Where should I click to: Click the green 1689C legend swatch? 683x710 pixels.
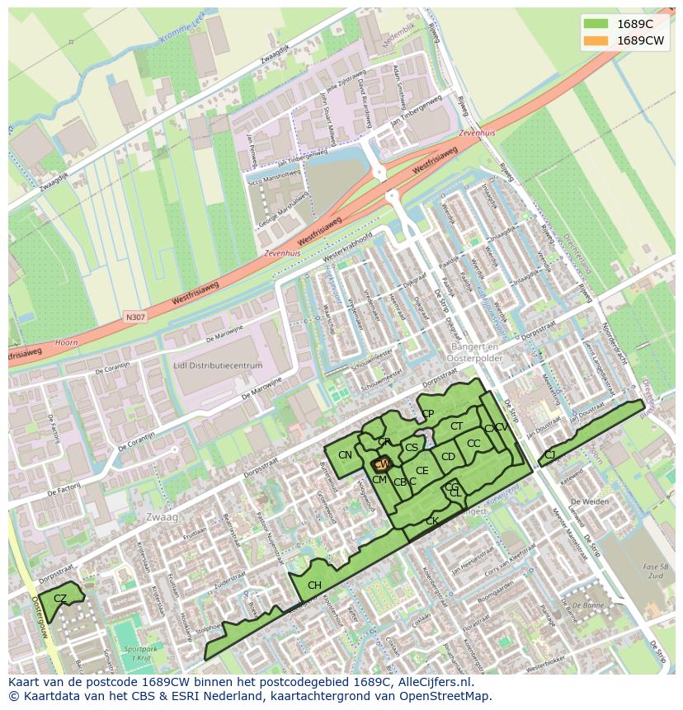point(594,23)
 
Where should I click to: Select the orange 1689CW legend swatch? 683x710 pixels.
point(594,40)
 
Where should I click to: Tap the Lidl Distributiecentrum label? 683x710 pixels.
point(218,365)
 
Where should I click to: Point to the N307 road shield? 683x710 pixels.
point(134,317)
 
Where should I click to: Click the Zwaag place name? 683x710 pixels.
point(162,516)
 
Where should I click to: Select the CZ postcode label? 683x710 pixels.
point(60,598)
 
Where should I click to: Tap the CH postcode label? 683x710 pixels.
point(314,585)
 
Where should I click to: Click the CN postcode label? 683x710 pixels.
point(345,455)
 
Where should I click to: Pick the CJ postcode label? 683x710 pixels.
point(549,454)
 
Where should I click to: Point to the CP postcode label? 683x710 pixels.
point(427,414)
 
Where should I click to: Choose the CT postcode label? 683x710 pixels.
point(456,426)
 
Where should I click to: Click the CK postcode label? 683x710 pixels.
point(431,521)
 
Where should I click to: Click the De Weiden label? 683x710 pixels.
point(590,502)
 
